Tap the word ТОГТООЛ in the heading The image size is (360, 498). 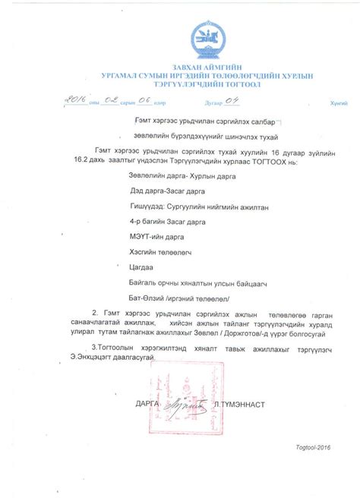coord(243,84)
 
